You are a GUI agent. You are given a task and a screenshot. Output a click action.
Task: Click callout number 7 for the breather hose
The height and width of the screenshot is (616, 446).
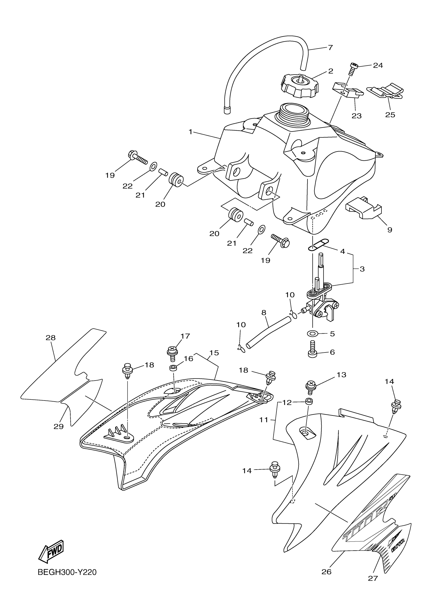[x=330, y=48]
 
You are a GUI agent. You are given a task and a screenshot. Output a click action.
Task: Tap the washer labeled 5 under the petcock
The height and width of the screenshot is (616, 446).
[x=312, y=333]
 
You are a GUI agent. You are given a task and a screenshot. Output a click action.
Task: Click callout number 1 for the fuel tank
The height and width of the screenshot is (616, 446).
[x=190, y=132]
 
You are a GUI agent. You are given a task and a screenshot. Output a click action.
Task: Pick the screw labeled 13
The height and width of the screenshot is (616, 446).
[x=310, y=387]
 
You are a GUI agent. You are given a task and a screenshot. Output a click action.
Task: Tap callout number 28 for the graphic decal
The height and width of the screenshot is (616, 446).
[x=51, y=338]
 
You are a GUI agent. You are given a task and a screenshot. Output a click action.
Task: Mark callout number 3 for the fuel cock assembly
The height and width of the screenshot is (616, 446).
[x=362, y=269]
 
